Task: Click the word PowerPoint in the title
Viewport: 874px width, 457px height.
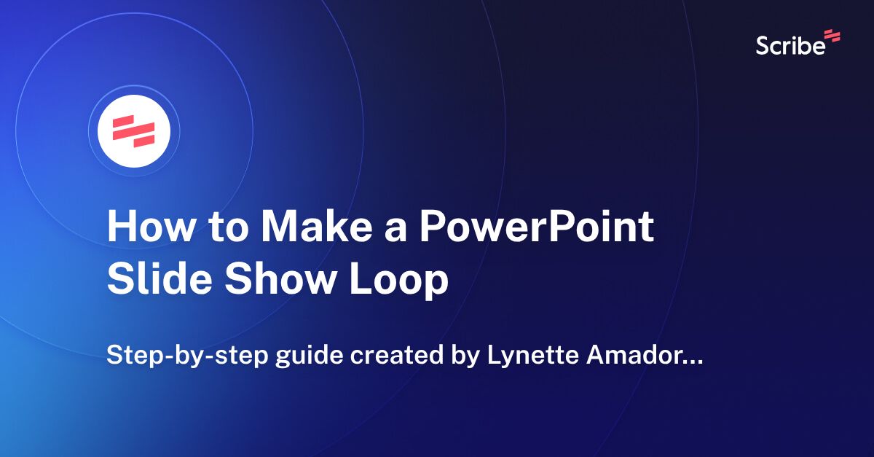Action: coord(535,227)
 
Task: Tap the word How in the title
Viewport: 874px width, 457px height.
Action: coord(148,227)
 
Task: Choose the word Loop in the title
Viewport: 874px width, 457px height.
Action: coord(398,281)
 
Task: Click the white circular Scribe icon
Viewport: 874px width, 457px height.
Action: coord(134,131)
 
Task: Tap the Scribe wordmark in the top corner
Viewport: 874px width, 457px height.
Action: coord(790,45)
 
